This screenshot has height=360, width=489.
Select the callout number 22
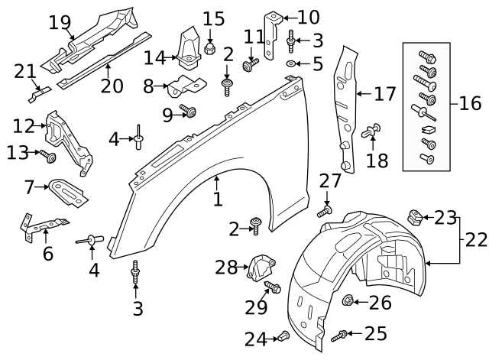476,239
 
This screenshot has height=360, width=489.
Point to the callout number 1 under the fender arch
218,199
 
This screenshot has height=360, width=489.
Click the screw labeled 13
47,157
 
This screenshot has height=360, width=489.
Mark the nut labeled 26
348,300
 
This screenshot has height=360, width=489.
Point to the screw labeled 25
341,335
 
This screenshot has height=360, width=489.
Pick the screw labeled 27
327,208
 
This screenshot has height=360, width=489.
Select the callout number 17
385,95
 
